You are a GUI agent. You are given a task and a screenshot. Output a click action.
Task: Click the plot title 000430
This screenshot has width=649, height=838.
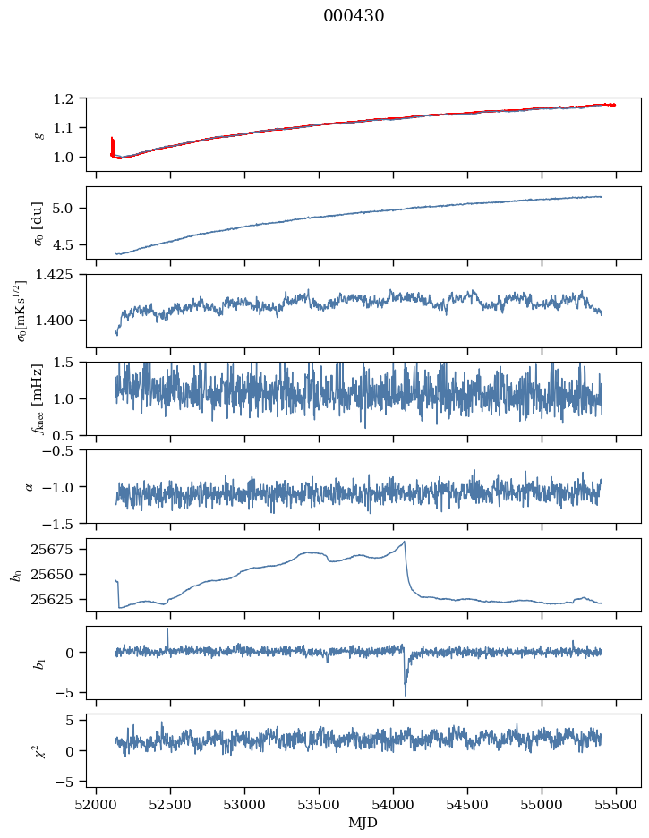pyautogui.click(x=354, y=16)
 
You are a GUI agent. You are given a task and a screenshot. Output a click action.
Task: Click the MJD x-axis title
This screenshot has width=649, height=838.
pyautogui.click(x=363, y=822)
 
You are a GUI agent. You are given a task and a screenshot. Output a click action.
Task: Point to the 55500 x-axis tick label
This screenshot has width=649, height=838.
pyautogui.click(x=616, y=804)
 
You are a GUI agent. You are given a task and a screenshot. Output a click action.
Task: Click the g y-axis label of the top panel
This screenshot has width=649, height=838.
pyautogui.click(x=38, y=134)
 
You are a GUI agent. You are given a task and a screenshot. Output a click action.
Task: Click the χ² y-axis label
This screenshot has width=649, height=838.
pyautogui.click(x=38, y=750)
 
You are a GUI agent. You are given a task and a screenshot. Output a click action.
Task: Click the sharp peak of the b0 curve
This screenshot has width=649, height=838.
pyautogui.click(x=405, y=542)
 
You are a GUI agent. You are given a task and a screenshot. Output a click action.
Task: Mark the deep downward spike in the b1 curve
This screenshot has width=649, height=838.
pyautogui.click(x=405, y=694)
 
